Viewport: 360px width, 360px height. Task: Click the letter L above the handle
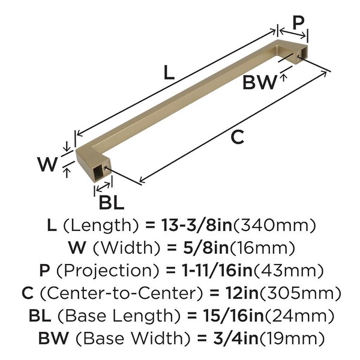pos(169,73)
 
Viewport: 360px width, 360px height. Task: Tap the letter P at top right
pos(298,23)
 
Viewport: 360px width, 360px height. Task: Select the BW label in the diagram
pos(260,82)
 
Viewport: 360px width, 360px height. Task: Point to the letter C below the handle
pos(238,137)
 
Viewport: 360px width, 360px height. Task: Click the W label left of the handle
pos(47,164)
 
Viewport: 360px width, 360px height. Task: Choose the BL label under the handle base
pos(112,202)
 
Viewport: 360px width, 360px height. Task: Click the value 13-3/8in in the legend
pos(197,225)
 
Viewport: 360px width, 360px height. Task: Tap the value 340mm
pos(275,226)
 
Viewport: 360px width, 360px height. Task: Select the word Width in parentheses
pos(127,248)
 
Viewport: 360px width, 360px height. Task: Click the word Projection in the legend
pos(107,271)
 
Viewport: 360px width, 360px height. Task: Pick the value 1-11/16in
pos(217,271)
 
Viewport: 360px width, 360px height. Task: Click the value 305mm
pos(300,293)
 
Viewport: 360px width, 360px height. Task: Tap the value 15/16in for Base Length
pos(233,316)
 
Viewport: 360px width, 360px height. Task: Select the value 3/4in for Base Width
pos(236,338)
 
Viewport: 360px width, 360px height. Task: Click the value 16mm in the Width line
pos(262,248)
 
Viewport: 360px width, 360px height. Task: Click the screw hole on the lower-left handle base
pos(106,169)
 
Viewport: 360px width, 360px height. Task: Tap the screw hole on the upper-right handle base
pos(298,56)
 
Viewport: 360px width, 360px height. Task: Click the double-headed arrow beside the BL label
pos(103,187)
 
